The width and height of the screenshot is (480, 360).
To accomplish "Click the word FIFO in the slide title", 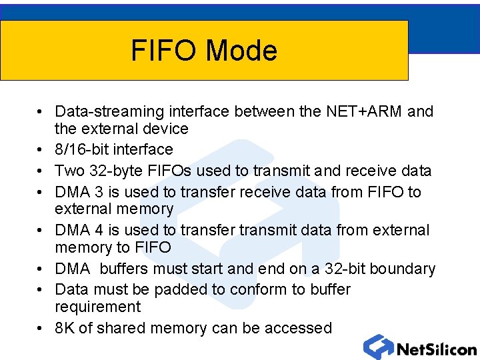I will pos(165,51).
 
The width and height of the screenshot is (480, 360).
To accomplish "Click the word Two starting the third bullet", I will pos(69,171).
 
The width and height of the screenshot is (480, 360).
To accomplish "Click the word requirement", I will pos(98,307).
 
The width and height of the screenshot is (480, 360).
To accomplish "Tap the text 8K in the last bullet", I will pos(65,328).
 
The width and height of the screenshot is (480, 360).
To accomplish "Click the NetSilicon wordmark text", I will pos(436,349).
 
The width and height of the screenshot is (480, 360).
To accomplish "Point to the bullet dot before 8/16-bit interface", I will pos(41,150).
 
